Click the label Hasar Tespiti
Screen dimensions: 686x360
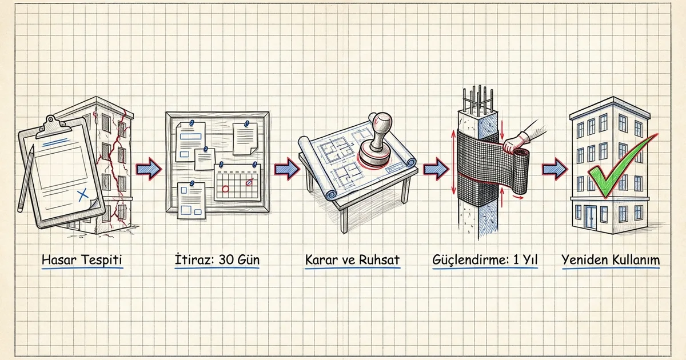(82, 260)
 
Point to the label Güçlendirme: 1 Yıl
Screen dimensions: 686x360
(485, 260)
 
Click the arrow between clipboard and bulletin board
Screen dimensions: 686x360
(149, 169)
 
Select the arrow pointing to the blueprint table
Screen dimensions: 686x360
(287, 169)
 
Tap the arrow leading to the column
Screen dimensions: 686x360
(436, 169)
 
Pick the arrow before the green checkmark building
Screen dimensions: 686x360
(555, 169)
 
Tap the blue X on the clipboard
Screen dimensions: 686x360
(83, 195)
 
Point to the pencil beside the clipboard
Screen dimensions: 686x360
(26, 179)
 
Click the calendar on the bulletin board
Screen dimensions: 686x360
(237, 182)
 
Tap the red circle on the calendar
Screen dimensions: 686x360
(225, 189)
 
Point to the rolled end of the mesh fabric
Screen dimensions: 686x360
(521, 171)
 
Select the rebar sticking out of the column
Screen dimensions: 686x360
(478, 99)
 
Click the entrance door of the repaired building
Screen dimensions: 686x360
(590, 217)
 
